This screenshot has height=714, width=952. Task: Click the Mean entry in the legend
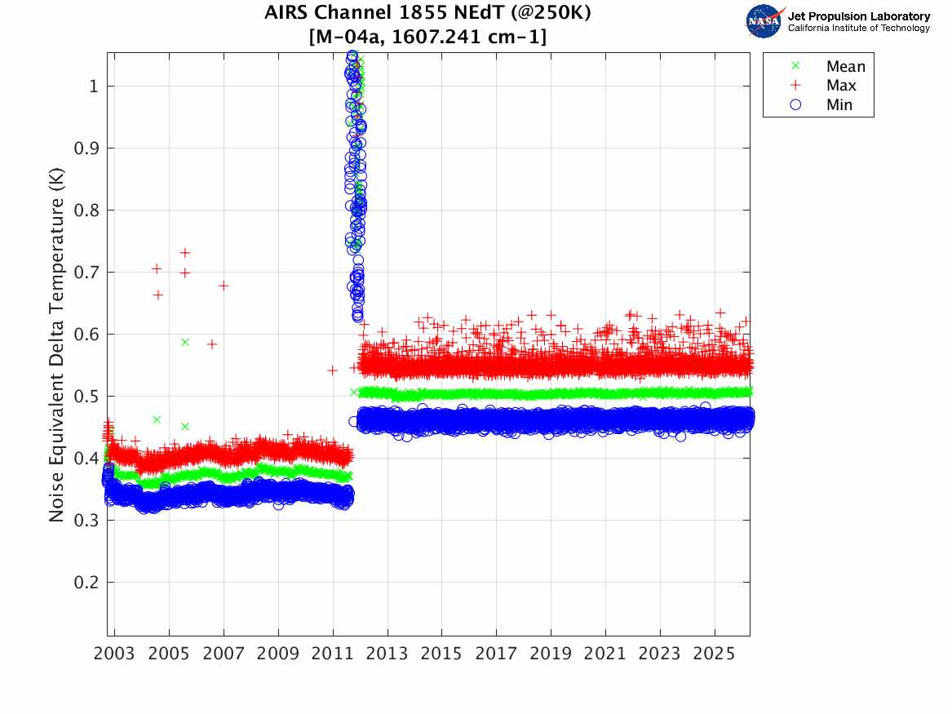click(845, 67)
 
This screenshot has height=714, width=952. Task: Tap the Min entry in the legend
click(839, 104)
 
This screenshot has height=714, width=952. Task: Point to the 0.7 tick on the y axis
click(86, 272)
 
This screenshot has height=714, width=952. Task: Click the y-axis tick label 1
click(93, 86)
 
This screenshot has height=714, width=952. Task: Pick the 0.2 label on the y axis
click(86, 582)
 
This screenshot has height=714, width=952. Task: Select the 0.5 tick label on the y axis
click(86, 396)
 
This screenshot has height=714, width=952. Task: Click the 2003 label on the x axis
click(115, 654)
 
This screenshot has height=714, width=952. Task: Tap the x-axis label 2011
click(333, 654)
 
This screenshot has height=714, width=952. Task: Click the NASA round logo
click(764, 21)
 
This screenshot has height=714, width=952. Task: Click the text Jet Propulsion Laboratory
click(858, 16)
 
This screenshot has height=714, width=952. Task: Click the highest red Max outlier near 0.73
click(185, 253)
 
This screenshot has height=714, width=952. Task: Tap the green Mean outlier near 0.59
click(185, 342)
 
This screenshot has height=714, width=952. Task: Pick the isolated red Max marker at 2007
click(224, 286)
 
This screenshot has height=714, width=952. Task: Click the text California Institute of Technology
click(858, 28)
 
